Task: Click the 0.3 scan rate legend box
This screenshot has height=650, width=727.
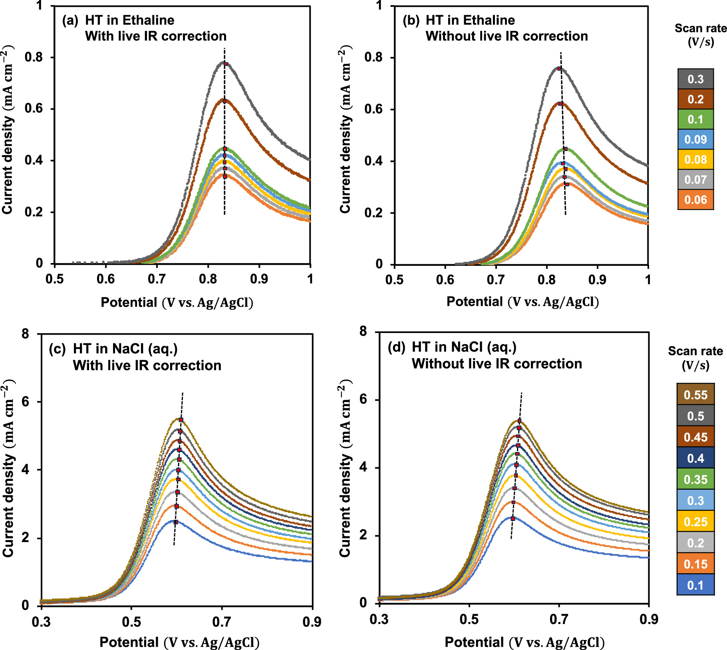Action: (x=695, y=79)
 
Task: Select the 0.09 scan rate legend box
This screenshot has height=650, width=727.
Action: (x=695, y=140)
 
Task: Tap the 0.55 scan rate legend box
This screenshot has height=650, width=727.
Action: (x=695, y=395)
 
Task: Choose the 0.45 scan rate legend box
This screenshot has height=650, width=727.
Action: (x=695, y=437)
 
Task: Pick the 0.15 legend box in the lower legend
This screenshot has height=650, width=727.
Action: (x=695, y=564)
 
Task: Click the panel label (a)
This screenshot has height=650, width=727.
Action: (x=70, y=20)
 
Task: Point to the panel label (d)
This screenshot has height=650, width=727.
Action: (x=397, y=347)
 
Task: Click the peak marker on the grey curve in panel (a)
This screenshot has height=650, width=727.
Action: (x=226, y=64)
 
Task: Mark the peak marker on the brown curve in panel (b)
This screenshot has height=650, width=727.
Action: (x=560, y=104)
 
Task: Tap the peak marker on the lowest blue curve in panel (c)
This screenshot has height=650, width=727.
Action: (x=175, y=522)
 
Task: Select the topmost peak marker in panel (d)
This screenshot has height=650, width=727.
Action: (x=520, y=421)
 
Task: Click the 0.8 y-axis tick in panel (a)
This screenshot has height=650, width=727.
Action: (x=34, y=57)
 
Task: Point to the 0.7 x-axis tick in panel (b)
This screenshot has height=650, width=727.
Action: (x=496, y=279)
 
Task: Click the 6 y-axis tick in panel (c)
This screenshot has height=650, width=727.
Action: (x=26, y=402)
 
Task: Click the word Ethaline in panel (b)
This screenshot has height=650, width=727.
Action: (x=490, y=20)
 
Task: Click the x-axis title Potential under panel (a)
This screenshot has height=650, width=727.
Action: (x=129, y=302)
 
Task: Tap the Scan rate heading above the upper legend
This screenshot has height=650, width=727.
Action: (x=700, y=28)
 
